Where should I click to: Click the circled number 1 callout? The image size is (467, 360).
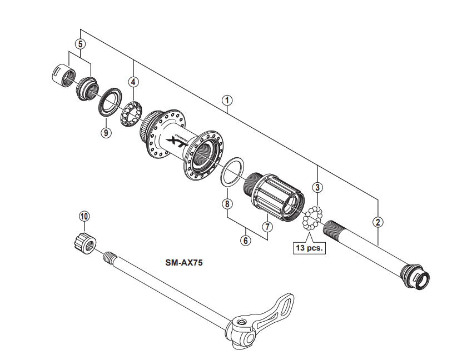(x=226, y=101)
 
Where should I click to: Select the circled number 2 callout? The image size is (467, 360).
(x=378, y=222)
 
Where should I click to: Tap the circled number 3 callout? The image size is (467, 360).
(x=317, y=187)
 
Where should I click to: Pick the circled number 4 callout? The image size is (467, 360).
(x=133, y=82)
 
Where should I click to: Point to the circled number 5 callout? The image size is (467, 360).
(x=81, y=43)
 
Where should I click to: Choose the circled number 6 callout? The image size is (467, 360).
(x=245, y=241)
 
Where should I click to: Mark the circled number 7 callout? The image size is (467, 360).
(x=267, y=226)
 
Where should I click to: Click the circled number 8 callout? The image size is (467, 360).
(x=227, y=204)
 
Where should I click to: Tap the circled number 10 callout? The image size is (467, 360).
(x=84, y=216)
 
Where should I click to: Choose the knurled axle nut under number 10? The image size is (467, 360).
(x=83, y=242)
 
